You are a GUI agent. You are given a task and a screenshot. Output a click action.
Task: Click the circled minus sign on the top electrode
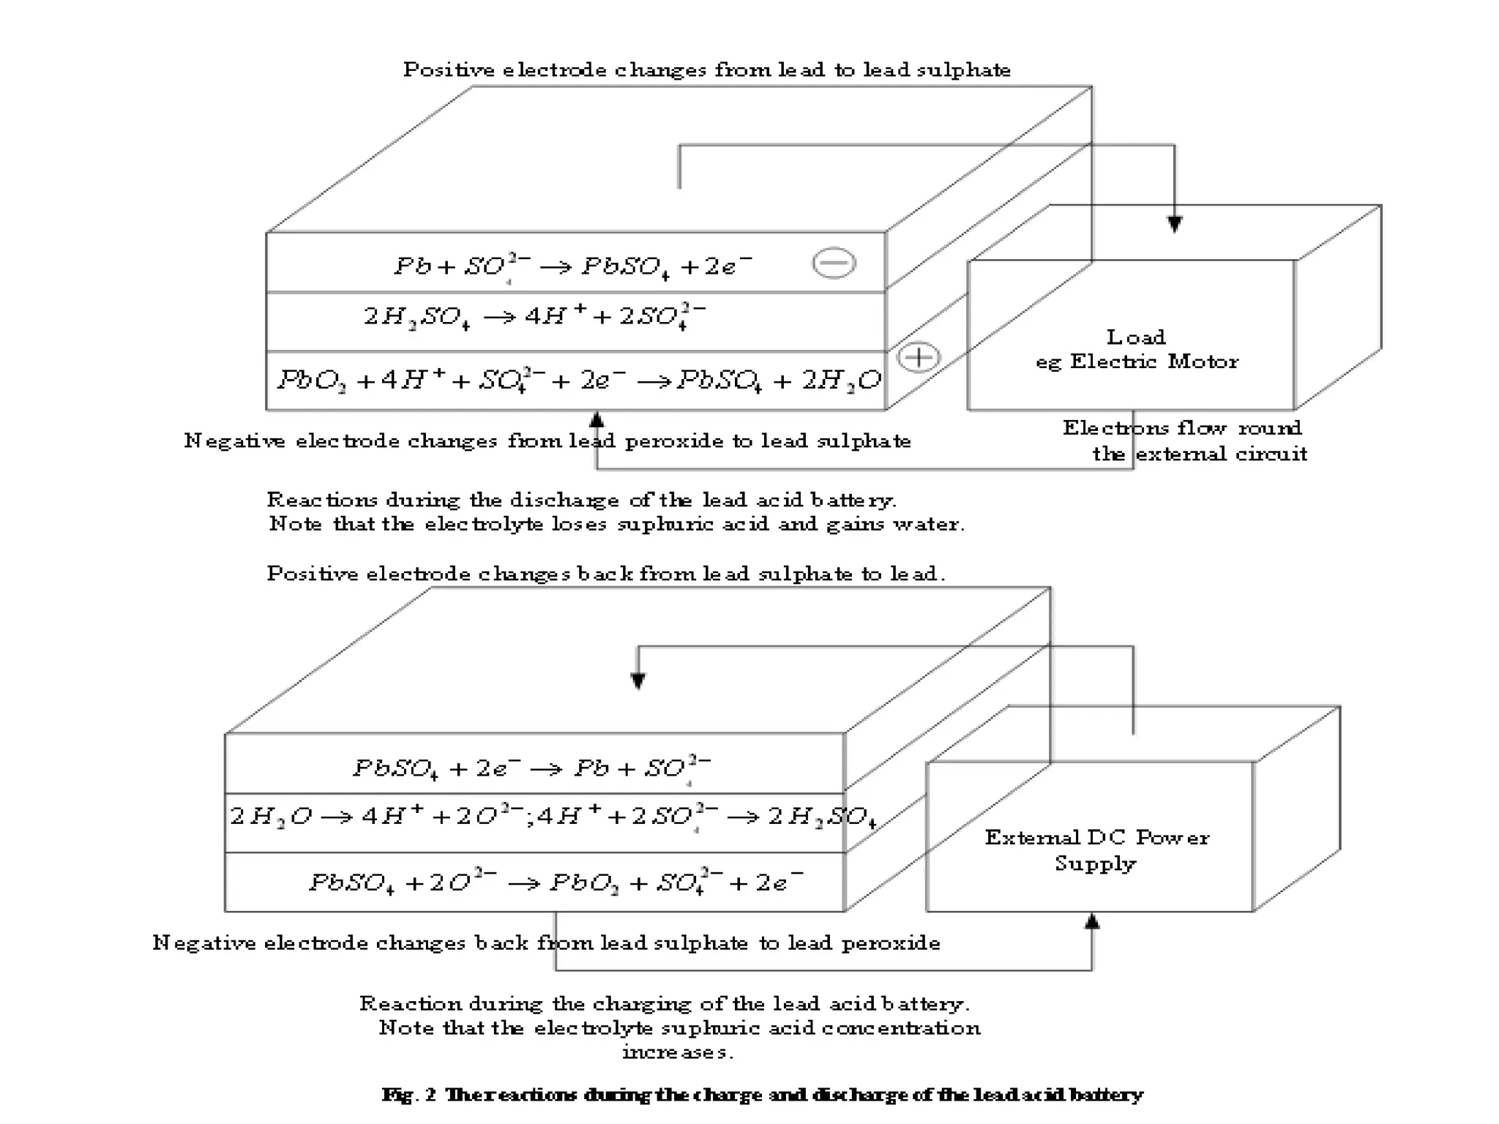pos(834,263)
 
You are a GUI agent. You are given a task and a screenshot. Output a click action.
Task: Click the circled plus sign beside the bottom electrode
pos(918,357)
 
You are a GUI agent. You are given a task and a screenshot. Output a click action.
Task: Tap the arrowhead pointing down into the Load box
pos(1174,224)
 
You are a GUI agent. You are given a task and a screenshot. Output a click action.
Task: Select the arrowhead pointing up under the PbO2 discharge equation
pos(597,419)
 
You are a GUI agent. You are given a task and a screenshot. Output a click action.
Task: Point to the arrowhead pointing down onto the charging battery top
pos(638,681)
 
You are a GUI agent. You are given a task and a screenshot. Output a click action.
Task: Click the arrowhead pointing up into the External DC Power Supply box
pos(1091,921)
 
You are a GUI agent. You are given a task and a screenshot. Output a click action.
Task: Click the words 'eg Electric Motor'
pos(1137,361)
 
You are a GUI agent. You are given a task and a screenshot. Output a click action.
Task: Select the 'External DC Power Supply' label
pos(1096,850)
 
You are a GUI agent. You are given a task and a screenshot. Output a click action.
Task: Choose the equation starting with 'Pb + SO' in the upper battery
pos(572,266)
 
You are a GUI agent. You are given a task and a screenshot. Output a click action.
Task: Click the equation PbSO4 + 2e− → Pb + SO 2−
pos(531,768)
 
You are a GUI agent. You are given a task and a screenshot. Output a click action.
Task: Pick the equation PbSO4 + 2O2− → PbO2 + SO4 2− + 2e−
pos(556,882)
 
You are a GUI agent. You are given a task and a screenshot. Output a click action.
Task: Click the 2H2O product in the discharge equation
pos(842,381)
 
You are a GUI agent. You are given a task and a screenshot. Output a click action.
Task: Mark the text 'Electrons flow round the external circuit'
pos(1184,441)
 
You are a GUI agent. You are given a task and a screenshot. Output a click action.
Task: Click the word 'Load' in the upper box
pos(1135,337)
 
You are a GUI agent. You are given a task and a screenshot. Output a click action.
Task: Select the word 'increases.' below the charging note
pos(678,1052)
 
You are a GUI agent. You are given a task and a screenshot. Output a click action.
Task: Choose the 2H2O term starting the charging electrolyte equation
pos(270,815)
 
